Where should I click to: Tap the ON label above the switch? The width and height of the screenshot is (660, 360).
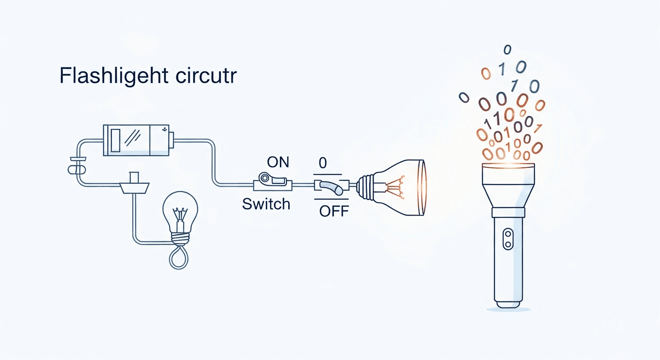pos(278,163)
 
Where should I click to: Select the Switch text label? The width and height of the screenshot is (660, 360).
pos(266,204)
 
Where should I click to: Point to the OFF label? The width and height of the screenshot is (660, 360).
pos(334,211)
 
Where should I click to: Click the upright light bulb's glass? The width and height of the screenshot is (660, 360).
pos(180,209)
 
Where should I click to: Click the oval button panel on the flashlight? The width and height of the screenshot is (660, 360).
pos(507,239)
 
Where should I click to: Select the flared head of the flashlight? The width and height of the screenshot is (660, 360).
pos(508,187)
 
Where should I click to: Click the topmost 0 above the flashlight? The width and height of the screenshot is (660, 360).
pos(507,49)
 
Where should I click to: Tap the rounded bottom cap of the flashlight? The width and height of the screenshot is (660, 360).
pos(508,304)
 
